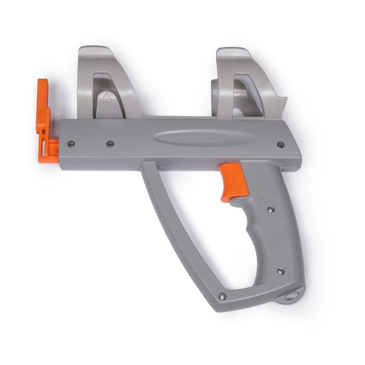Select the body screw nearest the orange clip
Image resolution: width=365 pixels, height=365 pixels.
click(71, 143)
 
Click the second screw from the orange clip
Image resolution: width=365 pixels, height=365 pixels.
click(110, 144)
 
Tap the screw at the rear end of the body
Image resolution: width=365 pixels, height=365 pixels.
click(280, 144)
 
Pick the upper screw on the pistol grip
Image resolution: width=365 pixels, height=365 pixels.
click(270, 208)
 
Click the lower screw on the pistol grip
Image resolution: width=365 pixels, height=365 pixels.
click(279, 272)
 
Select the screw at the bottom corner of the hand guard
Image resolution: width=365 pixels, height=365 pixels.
click(222, 297)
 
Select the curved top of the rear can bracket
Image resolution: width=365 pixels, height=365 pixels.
click(233, 52)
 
